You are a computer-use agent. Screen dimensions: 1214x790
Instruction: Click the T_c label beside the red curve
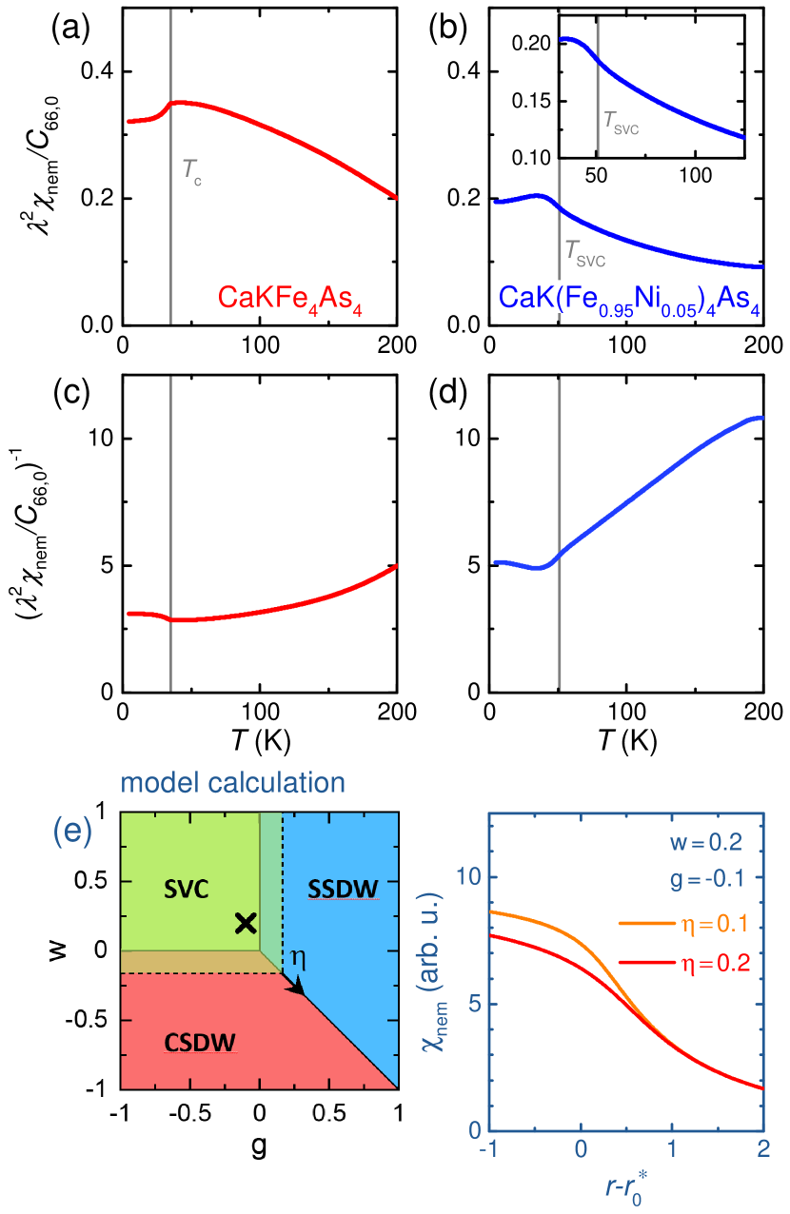click(x=191, y=172)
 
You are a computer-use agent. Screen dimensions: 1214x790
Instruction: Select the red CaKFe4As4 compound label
click(x=291, y=298)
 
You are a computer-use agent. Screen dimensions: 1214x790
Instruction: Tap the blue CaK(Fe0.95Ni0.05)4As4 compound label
click(x=629, y=298)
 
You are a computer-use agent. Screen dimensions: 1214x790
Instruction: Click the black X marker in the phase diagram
click(x=246, y=922)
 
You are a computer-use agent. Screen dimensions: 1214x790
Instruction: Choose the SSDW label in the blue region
click(x=343, y=889)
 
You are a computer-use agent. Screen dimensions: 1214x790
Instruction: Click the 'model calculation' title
click(x=232, y=783)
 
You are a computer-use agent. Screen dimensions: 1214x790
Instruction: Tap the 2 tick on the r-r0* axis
click(x=762, y=1150)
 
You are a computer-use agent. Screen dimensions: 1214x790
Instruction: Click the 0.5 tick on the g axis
click(x=328, y=1111)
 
